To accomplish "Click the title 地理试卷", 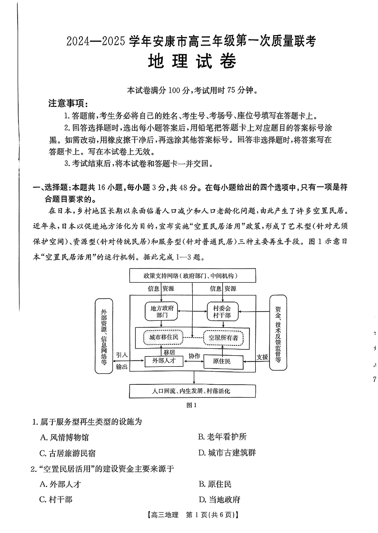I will point(191,62).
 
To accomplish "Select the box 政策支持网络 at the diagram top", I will point(192,276).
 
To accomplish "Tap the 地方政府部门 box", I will point(161,311).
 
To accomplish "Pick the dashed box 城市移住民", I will point(163,337).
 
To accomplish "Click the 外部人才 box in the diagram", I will point(164,361).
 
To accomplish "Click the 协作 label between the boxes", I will point(194,356).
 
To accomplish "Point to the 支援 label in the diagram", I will point(262,357).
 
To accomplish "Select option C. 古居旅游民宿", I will point(68,453).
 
